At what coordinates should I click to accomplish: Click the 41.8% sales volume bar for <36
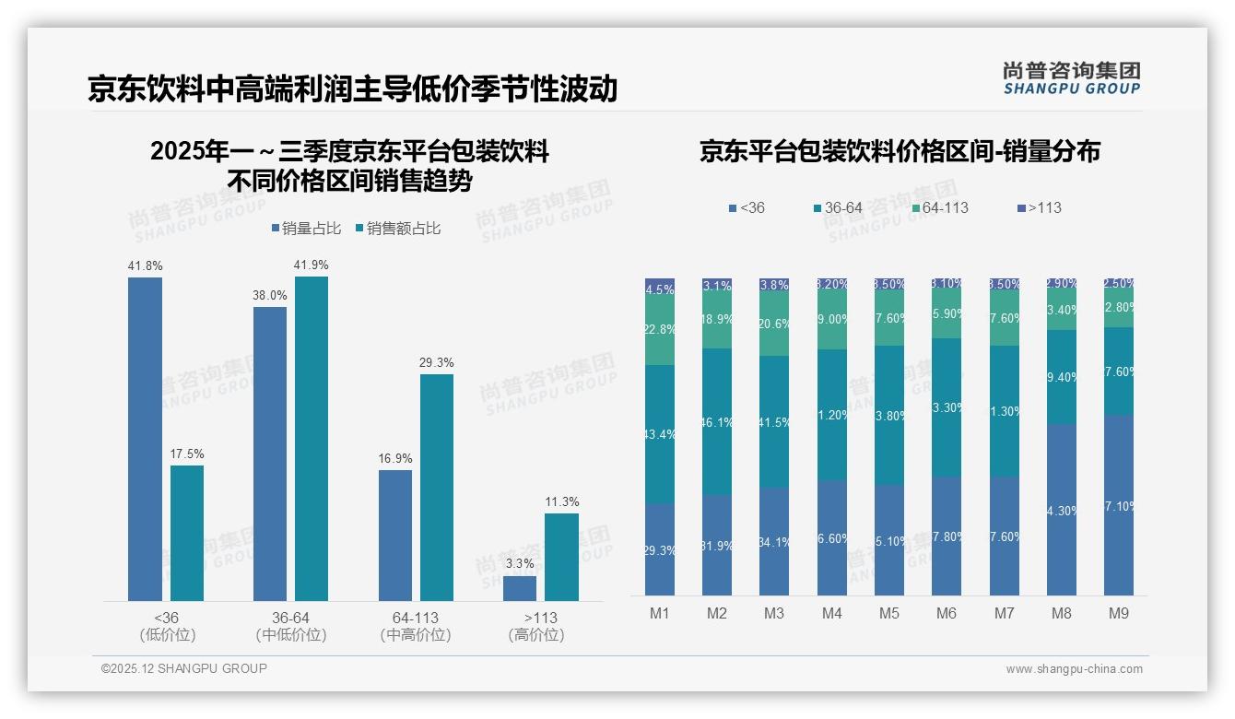tap(145, 439)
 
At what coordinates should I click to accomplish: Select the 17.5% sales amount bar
tap(187, 533)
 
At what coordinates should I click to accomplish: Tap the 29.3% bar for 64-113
tap(437, 487)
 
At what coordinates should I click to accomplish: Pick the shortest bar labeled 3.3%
tap(520, 588)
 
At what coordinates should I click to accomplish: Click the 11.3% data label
tap(562, 502)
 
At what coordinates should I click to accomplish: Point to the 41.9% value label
tap(312, 265)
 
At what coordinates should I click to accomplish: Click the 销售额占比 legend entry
tap(397, 229)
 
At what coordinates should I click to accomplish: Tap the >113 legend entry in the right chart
tap(1039, 208)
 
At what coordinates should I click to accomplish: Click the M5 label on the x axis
tap(888, 614)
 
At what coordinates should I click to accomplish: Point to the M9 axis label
tap(1118, 614)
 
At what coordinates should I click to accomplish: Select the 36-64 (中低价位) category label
tap(290, 626)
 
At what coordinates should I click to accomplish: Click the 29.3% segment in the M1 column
tap(660, 549)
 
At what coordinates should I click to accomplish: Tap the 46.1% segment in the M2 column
tap(717, 421)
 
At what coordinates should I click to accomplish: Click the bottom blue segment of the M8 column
tap(1061, 509)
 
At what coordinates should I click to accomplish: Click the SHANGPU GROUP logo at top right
tap(1071, 77)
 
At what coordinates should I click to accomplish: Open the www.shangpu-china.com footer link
tap(1074, 669)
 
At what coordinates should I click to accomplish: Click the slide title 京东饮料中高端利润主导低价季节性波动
tap(352, 88)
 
